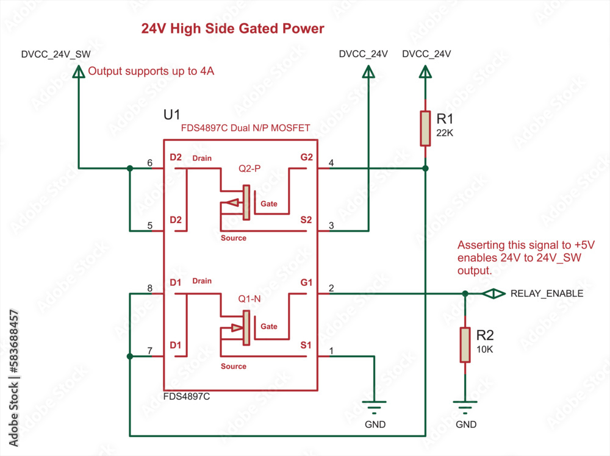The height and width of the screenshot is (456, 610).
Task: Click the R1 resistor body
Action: (426, 128)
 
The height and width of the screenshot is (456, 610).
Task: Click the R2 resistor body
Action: (465, 344)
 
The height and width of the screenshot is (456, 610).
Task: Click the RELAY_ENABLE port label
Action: (547, 293)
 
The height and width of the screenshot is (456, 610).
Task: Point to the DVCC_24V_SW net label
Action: (56, 54)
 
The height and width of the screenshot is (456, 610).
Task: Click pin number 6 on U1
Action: (150, 163)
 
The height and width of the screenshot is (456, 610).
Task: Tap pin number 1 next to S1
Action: (331, 351)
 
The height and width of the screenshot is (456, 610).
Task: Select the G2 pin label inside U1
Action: (306, 157)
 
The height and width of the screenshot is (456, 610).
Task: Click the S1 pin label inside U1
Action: (306, 345)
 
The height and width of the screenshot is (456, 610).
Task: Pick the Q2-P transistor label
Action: (248, 169)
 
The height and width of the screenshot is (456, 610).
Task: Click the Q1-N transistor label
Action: (249, 299)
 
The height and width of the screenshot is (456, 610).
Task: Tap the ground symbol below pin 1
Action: (375, 406)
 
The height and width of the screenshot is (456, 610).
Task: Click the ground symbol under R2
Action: (465, 406)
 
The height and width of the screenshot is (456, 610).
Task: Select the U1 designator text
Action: (172, 115)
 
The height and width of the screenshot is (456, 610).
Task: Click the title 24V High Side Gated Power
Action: (232, 29)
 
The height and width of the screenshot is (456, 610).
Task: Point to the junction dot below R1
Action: (426, 168)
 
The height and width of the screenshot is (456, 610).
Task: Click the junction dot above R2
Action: (465, 294)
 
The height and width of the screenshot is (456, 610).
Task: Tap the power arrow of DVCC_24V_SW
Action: (79, 73)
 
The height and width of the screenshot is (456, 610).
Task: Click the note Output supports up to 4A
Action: (151, 71)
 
